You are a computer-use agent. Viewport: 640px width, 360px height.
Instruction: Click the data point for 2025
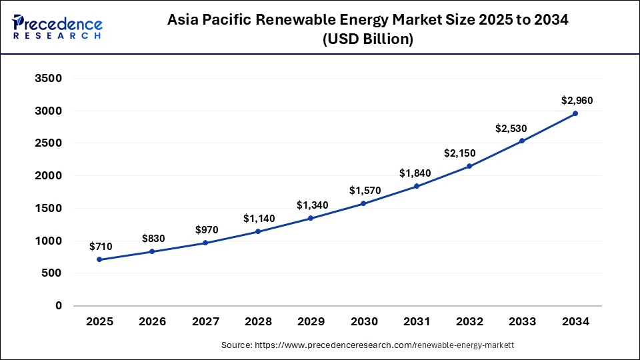pyautogui.click(x=99, y=259)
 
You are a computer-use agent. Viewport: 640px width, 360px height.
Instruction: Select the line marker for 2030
pyautogui.click(x=364, y=203)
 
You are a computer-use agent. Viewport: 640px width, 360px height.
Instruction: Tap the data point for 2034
pyautogui.click(x=575, y=113)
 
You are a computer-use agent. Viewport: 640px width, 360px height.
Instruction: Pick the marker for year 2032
pyautogui.click(x=470, y=166)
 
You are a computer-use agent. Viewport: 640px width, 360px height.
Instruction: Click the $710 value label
pyautogui.click(x=100, y=247)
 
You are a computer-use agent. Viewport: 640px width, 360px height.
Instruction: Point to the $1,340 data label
pyautogui.click(x=311, y=205)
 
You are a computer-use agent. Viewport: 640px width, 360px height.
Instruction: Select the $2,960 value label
pyautogui.click(x=576, y=101)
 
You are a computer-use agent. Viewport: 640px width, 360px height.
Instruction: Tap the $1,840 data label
pyautogui.click(x=415, y=173)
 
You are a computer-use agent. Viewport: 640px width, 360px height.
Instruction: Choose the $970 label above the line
pyautogui.click(x=206, y=230)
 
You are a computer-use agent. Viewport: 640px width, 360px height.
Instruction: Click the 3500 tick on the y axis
pyautogui.click(x=49, y=79)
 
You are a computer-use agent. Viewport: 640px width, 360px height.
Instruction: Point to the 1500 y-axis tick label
pyautogui.click(x=49, y=208)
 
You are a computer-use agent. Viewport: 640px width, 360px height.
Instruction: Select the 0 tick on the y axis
pyautogui.click(x=59, y=306)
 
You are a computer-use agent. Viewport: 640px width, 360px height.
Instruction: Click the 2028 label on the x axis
pyautogui.click(x=258, y=322)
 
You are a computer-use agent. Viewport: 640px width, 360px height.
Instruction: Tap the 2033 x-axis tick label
pyautogui.click(x=523, y=322)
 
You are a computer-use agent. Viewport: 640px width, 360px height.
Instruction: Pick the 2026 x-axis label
pyautogui.click(x=153, y=322)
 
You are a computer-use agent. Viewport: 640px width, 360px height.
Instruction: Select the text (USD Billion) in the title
pyautogui.click(x=368, y=39)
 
